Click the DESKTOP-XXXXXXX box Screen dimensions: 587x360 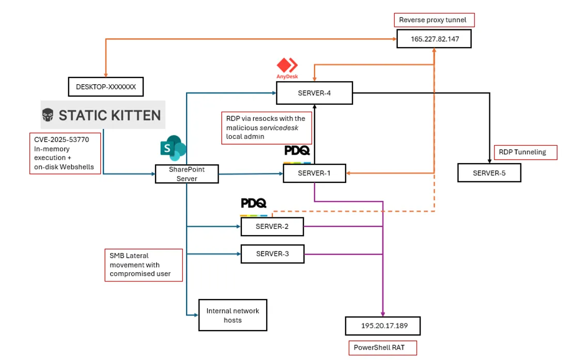[x=105, y=87]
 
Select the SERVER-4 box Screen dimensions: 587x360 [x=315, y=93]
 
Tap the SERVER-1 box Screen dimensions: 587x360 [x=315, y=173]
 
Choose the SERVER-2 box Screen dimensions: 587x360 [x=272, y=226]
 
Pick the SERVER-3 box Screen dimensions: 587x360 [x=272, y=254]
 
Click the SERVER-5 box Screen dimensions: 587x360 [x=489, y=173]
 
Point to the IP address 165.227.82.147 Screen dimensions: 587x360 [x=434, y=39]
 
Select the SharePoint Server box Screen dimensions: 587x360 [x=187, y=174]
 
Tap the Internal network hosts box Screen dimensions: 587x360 [x=233, y=315]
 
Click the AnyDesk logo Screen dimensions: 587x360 [x=287, y=68]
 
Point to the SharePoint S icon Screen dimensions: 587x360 [x=173, y=148]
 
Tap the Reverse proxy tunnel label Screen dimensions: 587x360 [x=434, y=20]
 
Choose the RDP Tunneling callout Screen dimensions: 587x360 [x=526, y=152]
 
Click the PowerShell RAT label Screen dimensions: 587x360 [x=382, y=348]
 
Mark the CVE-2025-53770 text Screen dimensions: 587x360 [x=61, y=139]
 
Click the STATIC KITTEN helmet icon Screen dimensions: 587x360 [x=48, y=115]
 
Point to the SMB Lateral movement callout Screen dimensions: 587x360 [x=144, y=265]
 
